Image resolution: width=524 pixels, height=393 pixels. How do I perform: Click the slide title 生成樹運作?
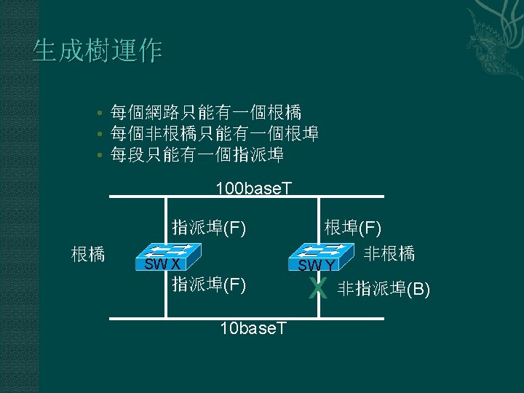click(x=98, y=51)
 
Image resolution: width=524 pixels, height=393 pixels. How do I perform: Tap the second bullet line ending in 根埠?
click(x=214, y=134)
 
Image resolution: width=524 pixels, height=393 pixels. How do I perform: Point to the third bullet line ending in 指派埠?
click(x=196, y=155)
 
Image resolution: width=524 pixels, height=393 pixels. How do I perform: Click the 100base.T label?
click(x=253, y=189)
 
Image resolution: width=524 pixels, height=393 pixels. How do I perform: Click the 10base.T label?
click(x=253, y=329)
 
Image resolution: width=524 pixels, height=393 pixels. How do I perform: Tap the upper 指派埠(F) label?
click(x=209, y=228)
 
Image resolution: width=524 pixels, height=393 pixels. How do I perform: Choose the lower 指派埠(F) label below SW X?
click(x=209, y=284)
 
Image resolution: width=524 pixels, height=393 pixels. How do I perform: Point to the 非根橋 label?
click(x=389, y=253)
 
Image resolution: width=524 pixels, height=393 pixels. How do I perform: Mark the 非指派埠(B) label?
click(x=384, y=290)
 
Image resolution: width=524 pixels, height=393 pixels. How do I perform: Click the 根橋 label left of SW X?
click(x=88, y=254)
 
